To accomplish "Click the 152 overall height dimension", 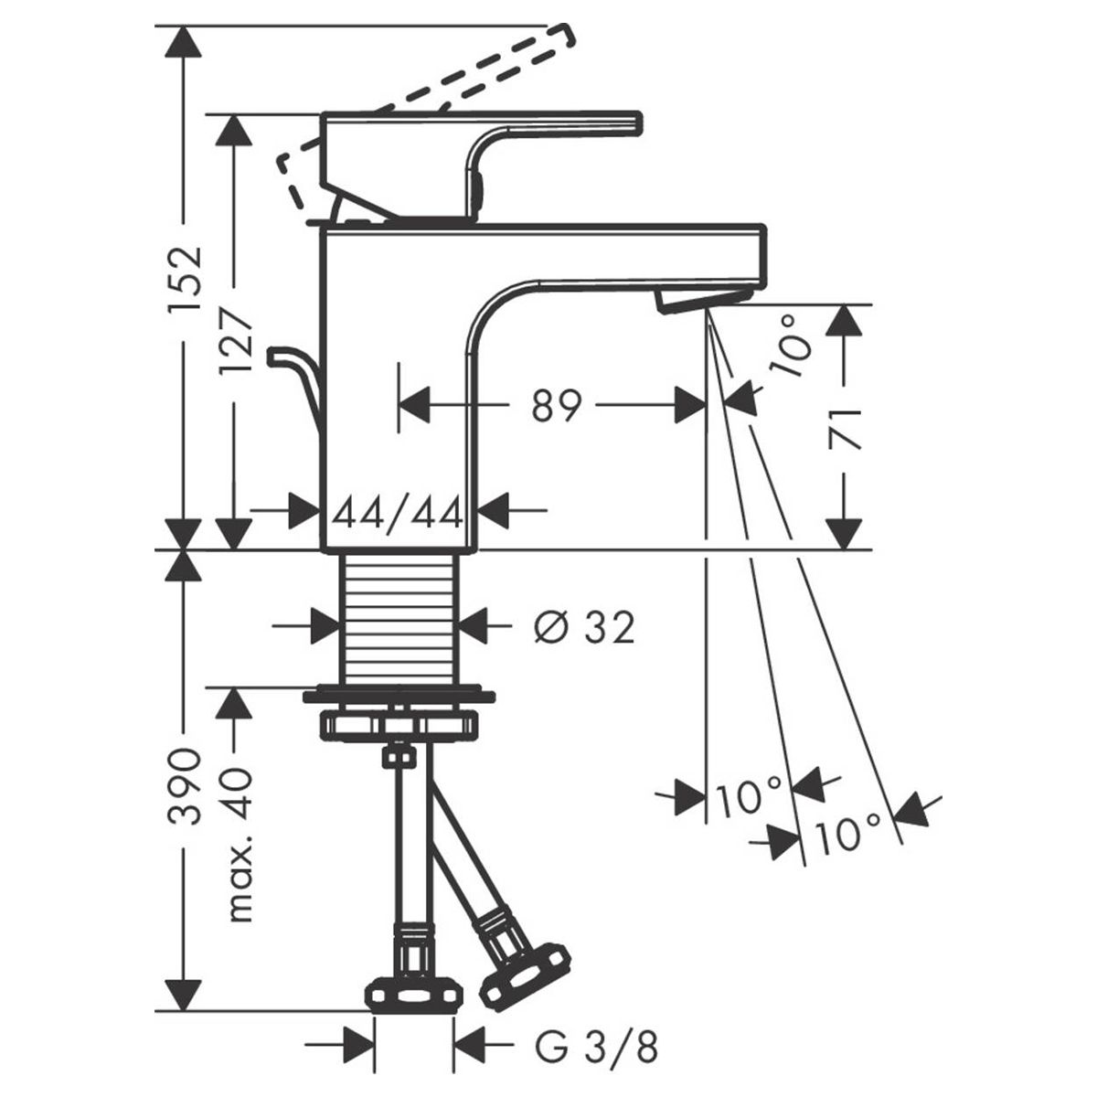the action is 186,280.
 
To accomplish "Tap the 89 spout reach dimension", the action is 556,406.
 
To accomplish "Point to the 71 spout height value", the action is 845,430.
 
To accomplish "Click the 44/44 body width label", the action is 398,516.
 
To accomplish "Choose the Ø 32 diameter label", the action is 583,629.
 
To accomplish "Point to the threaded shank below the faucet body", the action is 399,620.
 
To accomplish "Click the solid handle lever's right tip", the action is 642,123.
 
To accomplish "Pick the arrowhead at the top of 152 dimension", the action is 184,41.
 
